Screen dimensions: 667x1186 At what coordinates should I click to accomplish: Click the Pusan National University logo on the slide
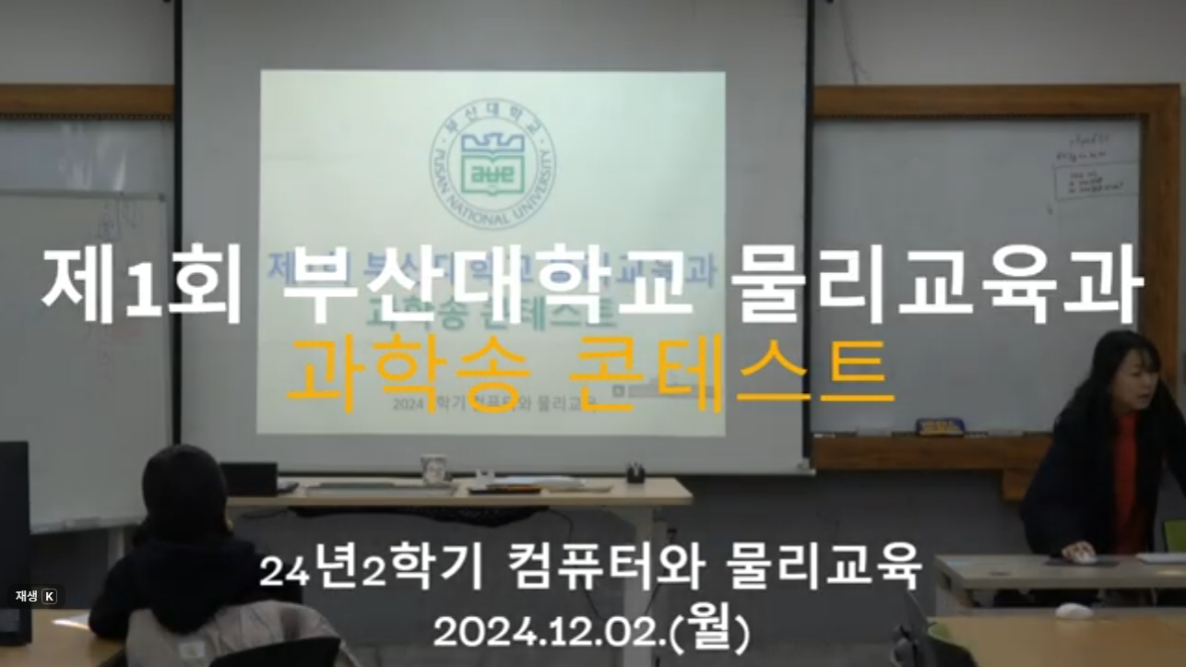click(492, 166)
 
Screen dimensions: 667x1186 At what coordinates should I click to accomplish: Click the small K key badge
click(49, 597)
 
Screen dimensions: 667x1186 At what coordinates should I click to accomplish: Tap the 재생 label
click(24, 597)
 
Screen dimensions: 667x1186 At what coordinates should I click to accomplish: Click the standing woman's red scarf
click(1126, 480)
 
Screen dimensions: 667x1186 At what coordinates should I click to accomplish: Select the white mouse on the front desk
click(1073, 611)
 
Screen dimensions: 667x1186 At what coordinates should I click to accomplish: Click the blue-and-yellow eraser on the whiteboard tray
click(939, 427)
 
